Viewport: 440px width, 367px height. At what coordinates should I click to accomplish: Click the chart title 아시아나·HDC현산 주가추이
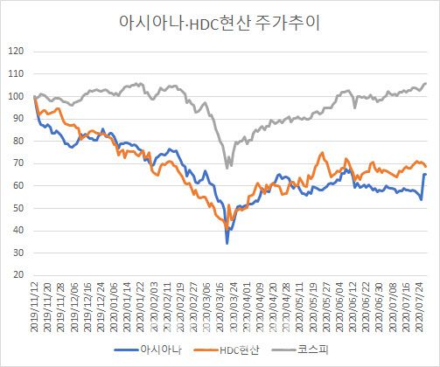tap(220, 23)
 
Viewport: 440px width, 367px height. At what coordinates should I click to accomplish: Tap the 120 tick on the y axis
tap(15, 52)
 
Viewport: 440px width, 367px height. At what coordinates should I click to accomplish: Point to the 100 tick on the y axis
tap(15, 96)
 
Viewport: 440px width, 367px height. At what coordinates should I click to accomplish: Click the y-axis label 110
tap(15, 74)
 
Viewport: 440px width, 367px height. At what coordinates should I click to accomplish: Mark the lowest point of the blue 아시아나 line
tap(227, 242)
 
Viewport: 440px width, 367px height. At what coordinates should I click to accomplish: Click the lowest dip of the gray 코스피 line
tap(228, 167)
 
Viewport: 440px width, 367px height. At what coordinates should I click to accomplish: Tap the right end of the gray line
tap(426, 84)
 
